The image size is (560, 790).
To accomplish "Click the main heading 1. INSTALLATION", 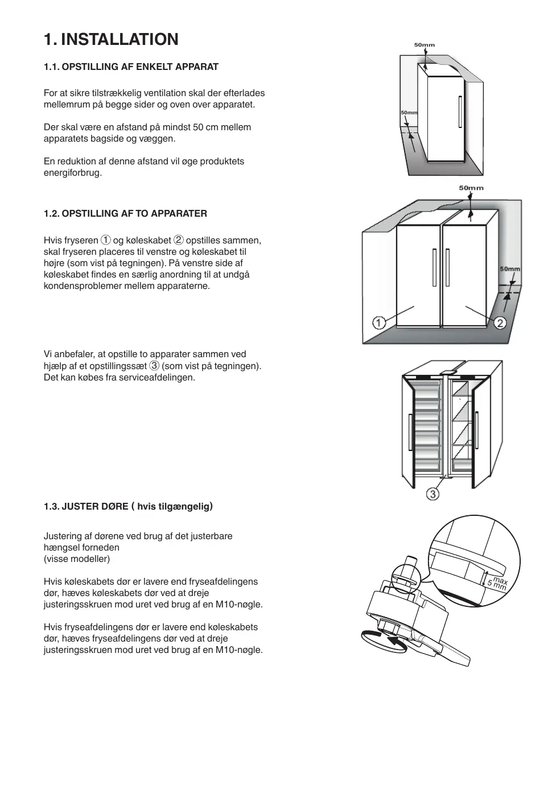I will coord(111,39).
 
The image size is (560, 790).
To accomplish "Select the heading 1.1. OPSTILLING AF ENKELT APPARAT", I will coord(131,67).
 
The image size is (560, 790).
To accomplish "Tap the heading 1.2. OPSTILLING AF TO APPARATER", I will coord(125,213).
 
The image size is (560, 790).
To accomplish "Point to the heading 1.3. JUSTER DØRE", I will coord(86,506).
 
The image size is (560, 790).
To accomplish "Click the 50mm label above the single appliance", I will coord(424,45).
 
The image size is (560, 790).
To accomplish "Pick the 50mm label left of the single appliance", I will coord(409,113).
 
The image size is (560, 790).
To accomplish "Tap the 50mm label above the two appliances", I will coord(471,188).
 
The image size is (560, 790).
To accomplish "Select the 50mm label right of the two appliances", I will coord(509,269).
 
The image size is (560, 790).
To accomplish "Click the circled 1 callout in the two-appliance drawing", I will coord(379,322).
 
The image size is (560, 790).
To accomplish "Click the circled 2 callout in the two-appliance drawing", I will coord(500,323).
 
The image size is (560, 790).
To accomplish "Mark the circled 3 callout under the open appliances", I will coord(433,494).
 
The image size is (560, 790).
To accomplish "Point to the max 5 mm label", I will coord(497,583).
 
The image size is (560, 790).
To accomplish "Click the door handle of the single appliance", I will coord(459,112).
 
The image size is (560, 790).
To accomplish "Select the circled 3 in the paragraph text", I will coord(154,366).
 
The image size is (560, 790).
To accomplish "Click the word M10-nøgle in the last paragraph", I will coord(240,650).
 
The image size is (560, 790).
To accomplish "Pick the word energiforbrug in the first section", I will coord(72,172).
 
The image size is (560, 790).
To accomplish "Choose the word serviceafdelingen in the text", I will coord(157,377).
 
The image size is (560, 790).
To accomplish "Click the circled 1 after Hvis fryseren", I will coord(105,240).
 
